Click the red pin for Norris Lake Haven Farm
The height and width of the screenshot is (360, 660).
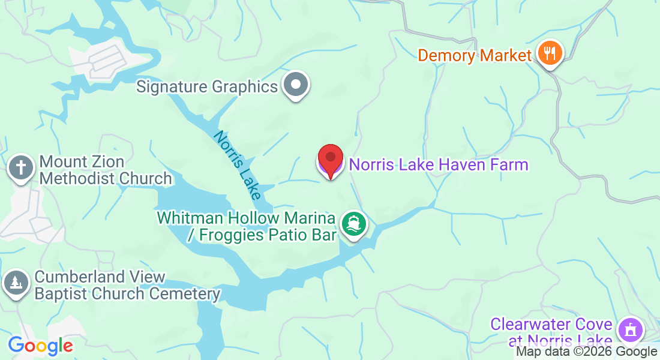tap(330, 159)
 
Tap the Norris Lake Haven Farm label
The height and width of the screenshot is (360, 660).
tap(439, 164)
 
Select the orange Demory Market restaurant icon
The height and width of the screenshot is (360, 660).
tap(549, 53)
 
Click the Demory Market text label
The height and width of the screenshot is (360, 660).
tap(475, 56)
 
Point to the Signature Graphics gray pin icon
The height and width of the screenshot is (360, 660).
tap(295, 85)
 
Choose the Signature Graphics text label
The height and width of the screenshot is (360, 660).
tap(207, 86)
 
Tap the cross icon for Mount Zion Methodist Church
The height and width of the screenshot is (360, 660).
tap(21, 167)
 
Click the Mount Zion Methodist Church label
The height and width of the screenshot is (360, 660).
tap(106, 170)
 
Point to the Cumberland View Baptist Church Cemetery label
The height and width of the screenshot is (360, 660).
tap(127, 286)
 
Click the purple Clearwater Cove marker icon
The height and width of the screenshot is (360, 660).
tap(630, 329)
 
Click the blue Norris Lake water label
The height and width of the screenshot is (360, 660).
tap(237, 165)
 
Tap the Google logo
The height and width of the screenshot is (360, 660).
tap(40, 346)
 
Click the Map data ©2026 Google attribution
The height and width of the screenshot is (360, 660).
tap(586, 352)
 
